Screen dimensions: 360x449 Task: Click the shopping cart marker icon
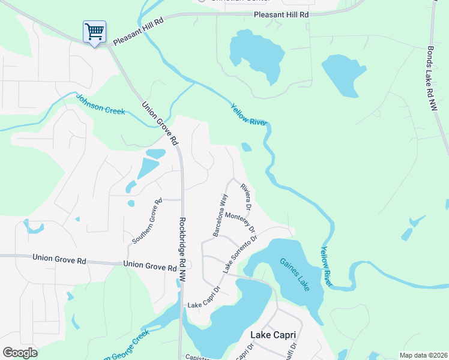(x=94, y=32)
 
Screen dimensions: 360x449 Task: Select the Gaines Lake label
(x=295, y=275)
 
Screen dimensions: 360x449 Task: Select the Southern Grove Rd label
(x=148, y=222)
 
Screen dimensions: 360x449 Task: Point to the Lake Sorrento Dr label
(x=240, y=254)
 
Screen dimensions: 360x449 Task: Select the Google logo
(x=20, y=353)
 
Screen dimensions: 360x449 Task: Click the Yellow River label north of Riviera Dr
(x=249, y=115)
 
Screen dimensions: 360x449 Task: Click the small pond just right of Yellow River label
(x=246, y=147)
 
